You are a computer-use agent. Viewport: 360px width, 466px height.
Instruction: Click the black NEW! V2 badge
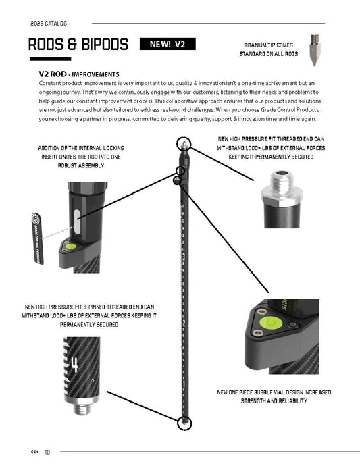point(167,45)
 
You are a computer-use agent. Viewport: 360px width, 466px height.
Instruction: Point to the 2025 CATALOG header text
point(49,22)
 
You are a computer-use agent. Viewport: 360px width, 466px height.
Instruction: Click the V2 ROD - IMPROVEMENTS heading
point(80,74)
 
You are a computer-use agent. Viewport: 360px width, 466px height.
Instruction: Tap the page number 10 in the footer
point(47,452)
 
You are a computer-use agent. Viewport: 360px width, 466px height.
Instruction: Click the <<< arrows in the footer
point(34,452)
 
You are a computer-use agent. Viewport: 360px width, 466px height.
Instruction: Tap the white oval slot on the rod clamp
point(78,222)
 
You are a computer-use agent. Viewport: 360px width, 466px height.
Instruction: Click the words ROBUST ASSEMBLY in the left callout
point(73,164)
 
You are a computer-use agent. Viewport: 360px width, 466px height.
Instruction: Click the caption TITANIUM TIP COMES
point(269,45)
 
